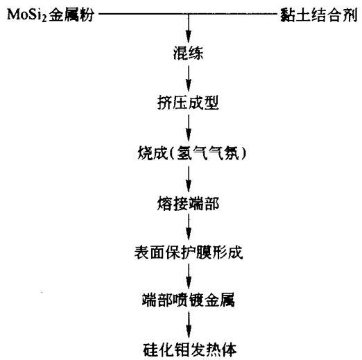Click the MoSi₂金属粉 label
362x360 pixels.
(51, 15)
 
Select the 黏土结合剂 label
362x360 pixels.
(319, 15)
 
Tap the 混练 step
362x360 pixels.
(188, 53)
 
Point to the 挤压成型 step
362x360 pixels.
(188, 103)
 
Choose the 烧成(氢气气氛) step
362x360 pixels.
(191, 153)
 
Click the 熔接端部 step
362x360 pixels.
(188, 204)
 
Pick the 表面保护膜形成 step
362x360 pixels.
(189, 252)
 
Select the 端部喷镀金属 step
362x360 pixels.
(189, 300)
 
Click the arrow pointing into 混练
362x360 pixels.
(189, 28)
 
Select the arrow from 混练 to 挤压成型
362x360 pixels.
(189, 78)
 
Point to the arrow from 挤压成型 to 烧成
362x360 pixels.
(189, 128)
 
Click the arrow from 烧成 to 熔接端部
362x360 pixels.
(189, 179)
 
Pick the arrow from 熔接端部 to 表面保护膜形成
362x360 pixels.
(189, 227)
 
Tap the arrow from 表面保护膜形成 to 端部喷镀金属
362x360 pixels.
(189, 276)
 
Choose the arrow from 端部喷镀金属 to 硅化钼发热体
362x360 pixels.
(189, 325)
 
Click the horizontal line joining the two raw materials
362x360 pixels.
(188, 14)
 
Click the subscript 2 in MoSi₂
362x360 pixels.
(44, 19)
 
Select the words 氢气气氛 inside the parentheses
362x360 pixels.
(208, 153)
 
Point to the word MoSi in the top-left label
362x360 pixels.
(24, 15)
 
